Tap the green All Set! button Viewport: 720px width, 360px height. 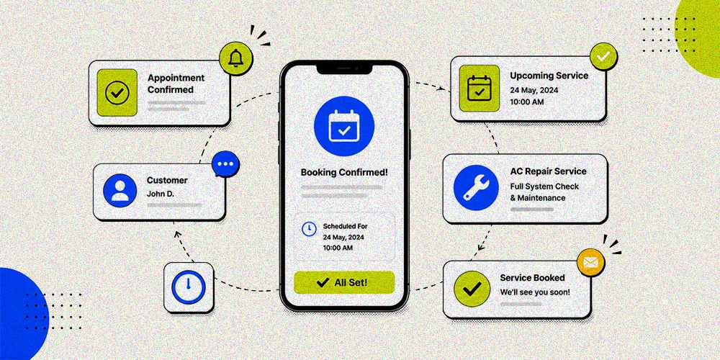tap(344, 282)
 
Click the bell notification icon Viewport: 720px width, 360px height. tap(235, 58)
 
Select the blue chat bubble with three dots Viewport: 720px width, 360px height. tap(225, 164)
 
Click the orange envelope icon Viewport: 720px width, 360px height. tap(590, 263)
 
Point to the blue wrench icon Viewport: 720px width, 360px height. tap(476, 188)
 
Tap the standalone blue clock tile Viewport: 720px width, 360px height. tap(189, 287)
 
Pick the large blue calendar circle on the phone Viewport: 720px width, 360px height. tap(344, 126)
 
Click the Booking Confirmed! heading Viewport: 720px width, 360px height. tap(344, 173)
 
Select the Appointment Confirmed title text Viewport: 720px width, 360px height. tap(176, 84)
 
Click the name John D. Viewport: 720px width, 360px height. tap(161, 194)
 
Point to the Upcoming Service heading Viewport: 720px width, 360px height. tap(549, 76)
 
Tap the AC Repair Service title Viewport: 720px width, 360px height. tap(548, 171)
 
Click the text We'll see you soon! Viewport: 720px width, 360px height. tap(535, 292)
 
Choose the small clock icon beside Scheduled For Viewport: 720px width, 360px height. tap(309, 229)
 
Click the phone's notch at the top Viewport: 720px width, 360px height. tap(344, 68)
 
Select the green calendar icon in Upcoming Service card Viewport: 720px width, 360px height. tap(480, 88)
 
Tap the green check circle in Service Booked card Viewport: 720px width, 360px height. tap(472, 289)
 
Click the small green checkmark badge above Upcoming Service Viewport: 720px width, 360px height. tap(603, 56)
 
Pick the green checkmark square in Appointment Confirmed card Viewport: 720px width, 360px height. tap(117, 93)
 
